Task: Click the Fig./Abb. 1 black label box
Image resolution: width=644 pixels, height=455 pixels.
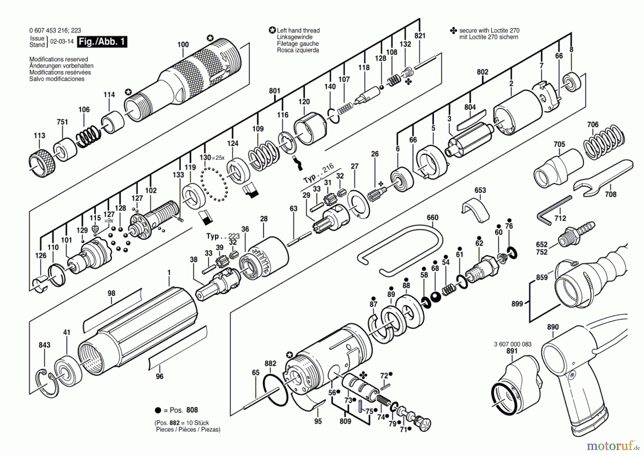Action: point(102,41)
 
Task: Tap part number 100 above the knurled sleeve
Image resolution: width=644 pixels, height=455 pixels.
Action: point(183,45)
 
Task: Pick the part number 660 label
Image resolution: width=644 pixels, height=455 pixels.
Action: point(432,217)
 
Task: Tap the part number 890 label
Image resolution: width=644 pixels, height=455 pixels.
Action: point(553,327)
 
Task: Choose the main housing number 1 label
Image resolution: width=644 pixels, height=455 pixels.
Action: point(169,273)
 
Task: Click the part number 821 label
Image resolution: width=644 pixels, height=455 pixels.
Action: point(420,36)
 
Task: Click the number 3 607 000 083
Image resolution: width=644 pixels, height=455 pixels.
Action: point(512,344)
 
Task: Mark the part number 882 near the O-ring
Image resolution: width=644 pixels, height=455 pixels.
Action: point(270,363)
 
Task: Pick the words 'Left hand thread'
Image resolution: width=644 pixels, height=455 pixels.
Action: point(298,31)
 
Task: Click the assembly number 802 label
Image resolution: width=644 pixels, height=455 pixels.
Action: point(482,72)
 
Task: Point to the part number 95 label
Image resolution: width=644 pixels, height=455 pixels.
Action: point(318,421)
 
